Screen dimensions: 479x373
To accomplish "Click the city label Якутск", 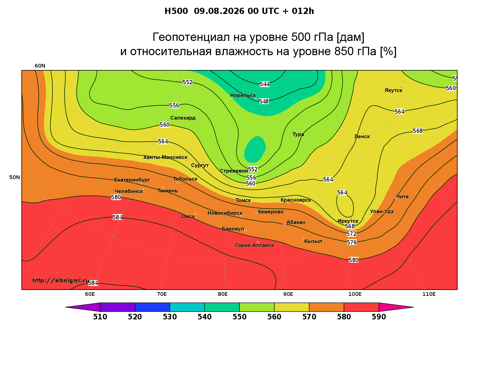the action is [x=393, y=90].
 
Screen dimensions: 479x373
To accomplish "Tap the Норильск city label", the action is [x=243, y=95].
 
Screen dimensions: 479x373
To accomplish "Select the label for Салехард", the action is [x=183, y=118].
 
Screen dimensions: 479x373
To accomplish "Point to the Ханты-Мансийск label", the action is [x=165, y=157].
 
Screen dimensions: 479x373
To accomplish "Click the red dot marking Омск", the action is [x=195, y=214].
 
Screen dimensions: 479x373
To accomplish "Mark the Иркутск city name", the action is [x=348, y=221].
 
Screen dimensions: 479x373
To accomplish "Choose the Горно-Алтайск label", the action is [x=254, y=245].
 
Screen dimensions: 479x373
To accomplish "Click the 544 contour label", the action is [x=265, y=84].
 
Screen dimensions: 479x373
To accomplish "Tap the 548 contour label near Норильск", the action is [x=264, y=101].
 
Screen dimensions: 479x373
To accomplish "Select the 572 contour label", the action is [x=351, y=234].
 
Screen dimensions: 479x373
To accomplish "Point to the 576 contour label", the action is [x=352, y=242].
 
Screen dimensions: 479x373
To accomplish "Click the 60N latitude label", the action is [x=40, y=66].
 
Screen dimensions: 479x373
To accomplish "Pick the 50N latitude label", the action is [x=15, y=177].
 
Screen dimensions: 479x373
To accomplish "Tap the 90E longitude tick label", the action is [x=288, y=294].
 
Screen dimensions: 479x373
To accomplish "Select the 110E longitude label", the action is [x=429, y=294].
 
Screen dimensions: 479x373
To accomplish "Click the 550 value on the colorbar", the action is [x=240, y=317].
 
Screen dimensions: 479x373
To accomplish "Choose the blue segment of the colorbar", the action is [x=152, y=307].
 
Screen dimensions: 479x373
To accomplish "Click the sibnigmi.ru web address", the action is [x=61, y=280].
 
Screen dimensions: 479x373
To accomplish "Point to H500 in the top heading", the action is [x=176, y=11].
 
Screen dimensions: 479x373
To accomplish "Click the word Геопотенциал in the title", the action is [x=191, y=37].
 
